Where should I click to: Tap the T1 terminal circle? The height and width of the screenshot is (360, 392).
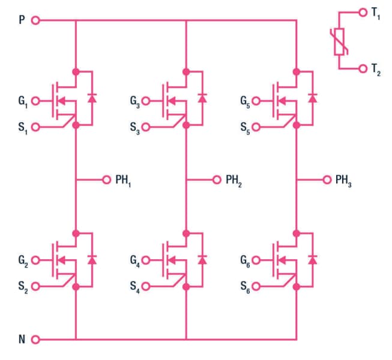pos(362,12)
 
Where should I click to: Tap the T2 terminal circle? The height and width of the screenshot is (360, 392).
pos(362,69)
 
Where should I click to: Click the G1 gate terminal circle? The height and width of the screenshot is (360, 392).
pos(35,100)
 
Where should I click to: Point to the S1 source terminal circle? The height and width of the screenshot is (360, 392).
pos(35,127)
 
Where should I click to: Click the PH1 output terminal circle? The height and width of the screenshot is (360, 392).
pos(106,179)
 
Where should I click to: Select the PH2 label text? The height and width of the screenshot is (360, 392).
pos(234,180)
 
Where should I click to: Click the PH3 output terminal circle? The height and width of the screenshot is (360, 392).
pos(327,179)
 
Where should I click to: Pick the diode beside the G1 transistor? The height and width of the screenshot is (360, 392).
pos(91,98)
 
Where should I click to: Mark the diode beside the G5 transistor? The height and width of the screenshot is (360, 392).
pos(312,98)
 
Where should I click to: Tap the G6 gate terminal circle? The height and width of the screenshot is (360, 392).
pos(256,260)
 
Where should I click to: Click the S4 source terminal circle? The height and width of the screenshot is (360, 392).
pos(146,287)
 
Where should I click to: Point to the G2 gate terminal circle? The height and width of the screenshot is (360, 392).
pos(35,260)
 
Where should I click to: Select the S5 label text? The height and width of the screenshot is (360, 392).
pos(245,127)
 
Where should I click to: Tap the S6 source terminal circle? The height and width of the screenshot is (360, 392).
pos(256,287)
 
